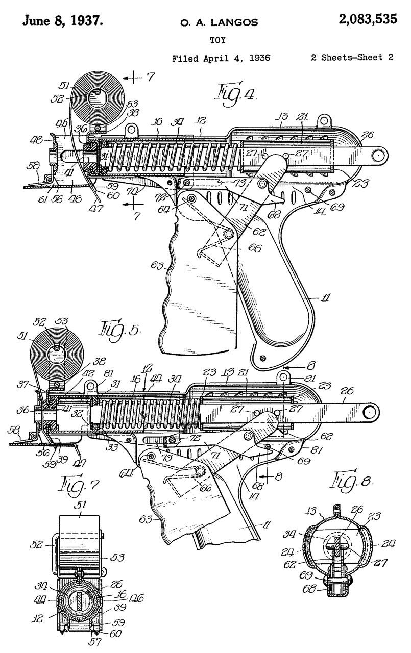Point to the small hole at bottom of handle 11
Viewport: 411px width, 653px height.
[x=262, y=358]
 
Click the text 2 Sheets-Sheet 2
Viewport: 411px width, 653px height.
[x=352, y=58]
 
